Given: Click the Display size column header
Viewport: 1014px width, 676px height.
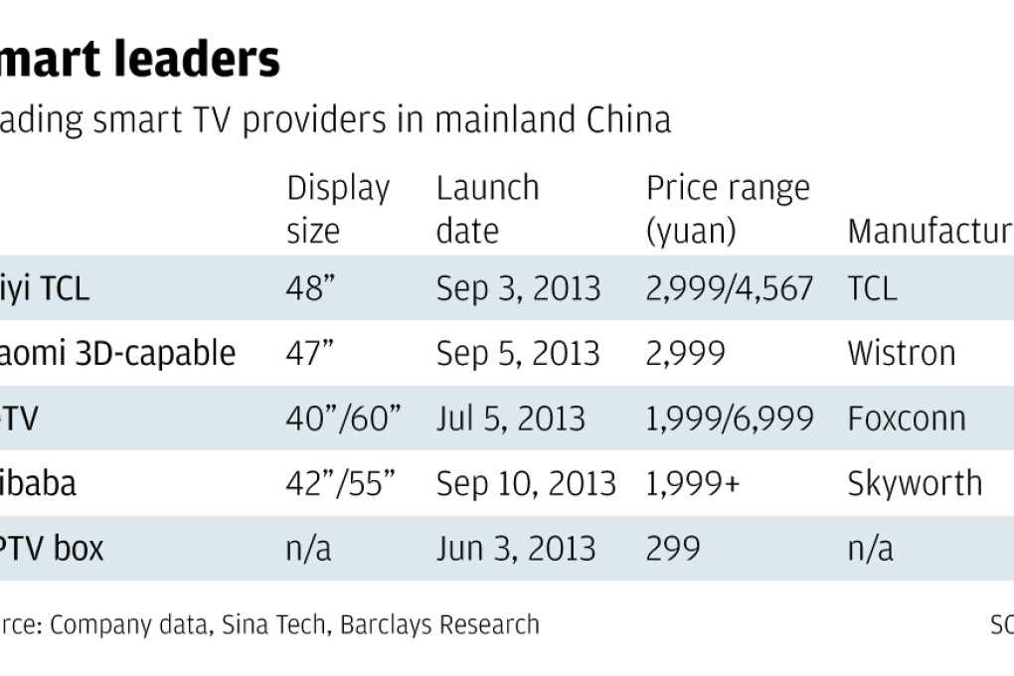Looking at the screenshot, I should coord(338,209).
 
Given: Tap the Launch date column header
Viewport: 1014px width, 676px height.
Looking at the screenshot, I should coord(487,209).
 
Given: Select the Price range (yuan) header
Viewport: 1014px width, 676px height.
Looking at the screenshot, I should coord(728,209).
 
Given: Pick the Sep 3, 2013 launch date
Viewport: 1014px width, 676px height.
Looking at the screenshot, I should coord(518,288).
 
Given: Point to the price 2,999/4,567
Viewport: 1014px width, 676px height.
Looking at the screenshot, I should coord(730,288).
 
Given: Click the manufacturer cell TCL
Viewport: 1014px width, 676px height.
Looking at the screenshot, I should coord(872,288).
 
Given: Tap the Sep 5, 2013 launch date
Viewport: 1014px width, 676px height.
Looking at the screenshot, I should coord(518,353).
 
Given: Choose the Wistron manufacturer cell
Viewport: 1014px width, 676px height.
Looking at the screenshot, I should coord(902,353).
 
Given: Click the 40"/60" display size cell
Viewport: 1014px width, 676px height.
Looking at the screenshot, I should coord(343,419).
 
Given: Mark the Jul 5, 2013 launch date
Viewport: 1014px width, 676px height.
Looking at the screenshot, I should coord(510,419).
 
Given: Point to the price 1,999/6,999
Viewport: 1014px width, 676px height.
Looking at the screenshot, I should coord(730,419).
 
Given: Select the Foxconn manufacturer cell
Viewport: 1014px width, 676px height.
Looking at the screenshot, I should coord(907,419).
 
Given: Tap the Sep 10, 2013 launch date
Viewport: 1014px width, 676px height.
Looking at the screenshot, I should coord(526,483).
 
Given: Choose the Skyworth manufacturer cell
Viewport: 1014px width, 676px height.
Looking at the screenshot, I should coord(915,483).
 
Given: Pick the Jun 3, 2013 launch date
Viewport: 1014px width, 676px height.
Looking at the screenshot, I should coord(516,548).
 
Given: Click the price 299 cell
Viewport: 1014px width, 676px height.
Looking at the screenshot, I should coord(673,548).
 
